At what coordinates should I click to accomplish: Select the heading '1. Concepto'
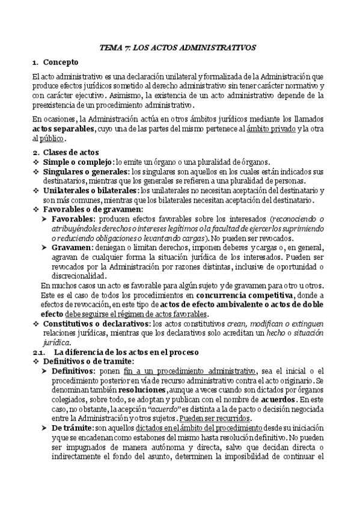pos(56,61)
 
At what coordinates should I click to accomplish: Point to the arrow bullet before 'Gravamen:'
pos(46,247)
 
